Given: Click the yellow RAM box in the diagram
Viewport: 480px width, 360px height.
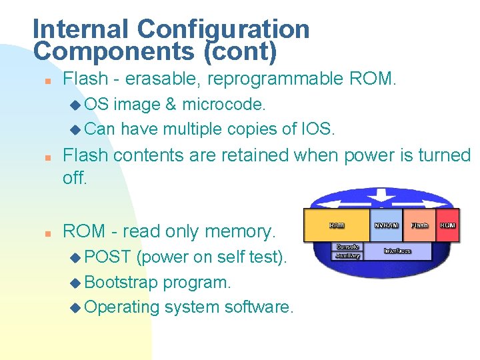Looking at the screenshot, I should pos(337,225).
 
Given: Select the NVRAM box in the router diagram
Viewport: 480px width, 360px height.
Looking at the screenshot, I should pos(387,225).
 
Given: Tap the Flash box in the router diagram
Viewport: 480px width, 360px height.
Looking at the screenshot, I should pos(419,225).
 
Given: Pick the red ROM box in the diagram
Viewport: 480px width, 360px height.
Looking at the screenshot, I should pos(447,225).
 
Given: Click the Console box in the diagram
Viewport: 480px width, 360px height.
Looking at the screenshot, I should pos(348,247).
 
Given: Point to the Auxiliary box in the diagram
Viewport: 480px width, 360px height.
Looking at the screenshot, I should pos(348,255).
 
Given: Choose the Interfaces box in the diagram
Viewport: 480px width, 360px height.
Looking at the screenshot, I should pos(397,251).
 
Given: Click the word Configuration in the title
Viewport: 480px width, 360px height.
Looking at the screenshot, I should pos(223,29).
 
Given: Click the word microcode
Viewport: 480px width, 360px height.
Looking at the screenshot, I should pos(224,104).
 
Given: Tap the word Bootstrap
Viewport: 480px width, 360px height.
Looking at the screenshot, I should pos(121,282).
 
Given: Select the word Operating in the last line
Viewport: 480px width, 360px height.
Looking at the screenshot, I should pos(122,307).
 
